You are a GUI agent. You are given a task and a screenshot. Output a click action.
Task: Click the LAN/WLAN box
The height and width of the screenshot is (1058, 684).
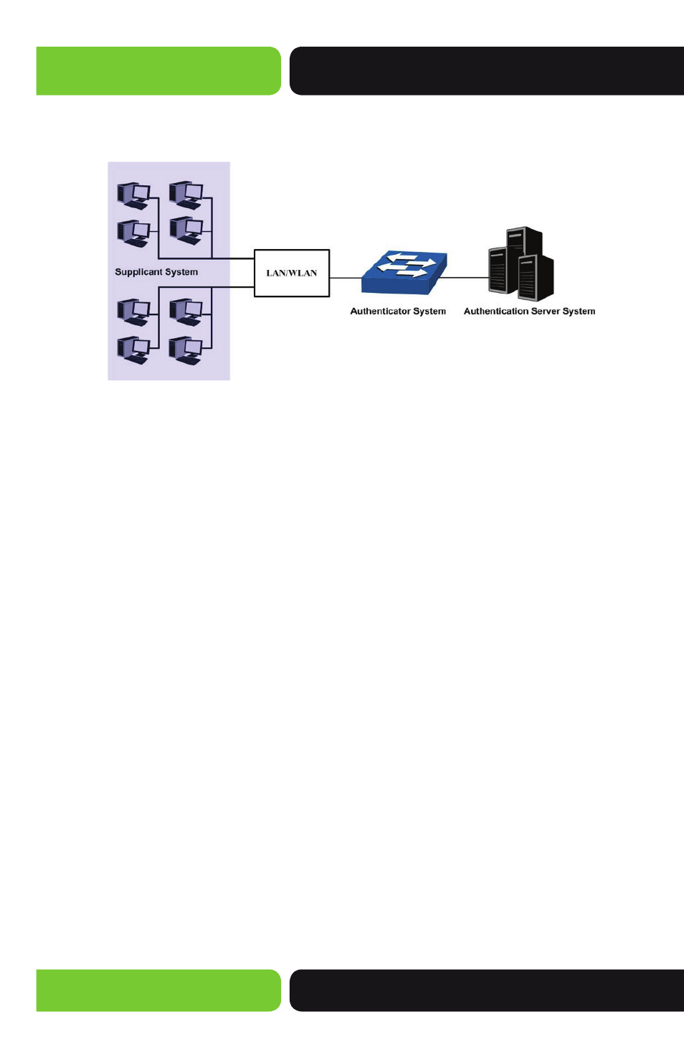pos(292,273)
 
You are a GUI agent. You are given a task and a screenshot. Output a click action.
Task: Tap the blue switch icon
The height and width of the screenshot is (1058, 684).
pos(404,273)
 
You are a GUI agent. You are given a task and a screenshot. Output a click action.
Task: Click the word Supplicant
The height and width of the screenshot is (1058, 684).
pos(137,272)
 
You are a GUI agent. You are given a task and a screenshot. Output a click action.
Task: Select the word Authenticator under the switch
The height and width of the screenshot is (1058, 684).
pos(380,312)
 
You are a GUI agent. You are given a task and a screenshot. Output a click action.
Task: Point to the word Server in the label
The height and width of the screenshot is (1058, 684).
pos(545,312)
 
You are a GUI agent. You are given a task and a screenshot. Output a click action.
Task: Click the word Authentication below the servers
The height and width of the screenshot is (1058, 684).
pos(495,312)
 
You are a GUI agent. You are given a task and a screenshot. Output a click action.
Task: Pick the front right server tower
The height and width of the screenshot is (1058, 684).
pos(536,278)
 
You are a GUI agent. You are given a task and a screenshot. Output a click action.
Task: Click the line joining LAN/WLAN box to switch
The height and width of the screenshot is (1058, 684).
pos(346,278)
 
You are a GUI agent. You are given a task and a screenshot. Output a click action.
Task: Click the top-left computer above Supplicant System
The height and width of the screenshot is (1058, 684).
pos(134,195)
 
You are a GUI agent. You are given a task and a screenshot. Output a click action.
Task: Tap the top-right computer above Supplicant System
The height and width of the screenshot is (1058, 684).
pos(186,195)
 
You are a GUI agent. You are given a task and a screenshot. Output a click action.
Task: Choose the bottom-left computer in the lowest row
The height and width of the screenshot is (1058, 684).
pos(134,350)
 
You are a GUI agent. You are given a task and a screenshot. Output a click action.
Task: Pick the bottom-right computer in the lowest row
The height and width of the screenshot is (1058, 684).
pos(186,350)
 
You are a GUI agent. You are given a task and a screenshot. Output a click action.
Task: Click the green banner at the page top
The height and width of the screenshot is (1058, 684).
pos(158,71)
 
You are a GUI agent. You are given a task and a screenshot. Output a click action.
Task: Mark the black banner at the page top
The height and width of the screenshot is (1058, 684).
pos(487,71)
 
